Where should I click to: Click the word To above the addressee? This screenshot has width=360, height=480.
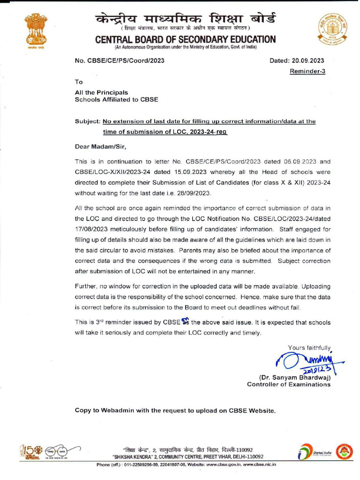(x=79, y=82)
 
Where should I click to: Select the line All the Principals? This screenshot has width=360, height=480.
(x=102, y=93)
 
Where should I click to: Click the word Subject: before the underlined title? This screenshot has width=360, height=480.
(x=88, y=121)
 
